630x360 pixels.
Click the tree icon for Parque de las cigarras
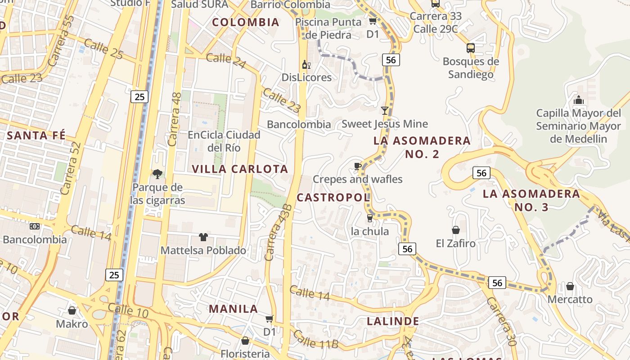(157, 174)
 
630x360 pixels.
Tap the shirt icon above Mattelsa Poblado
(203, 237)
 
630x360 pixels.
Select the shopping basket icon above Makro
(72, 310)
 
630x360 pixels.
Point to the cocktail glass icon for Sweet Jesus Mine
(385, 110)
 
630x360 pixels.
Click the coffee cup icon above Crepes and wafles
(358, 166)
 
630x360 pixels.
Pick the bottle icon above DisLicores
(306, 65)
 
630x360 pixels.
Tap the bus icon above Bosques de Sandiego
(471, 48)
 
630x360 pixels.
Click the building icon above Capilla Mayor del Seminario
(579, 99)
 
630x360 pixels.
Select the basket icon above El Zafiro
(456, 230)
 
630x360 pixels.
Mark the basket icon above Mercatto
(570, 286)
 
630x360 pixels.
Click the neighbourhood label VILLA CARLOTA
(240, 169)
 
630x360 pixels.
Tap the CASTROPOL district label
(333, 197)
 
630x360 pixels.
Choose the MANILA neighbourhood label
(233, 309)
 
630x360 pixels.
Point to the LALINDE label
(393, 321)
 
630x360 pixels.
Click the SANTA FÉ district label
(36, 135)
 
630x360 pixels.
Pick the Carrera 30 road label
(501, 321)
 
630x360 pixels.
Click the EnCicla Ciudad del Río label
(224, 141)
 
